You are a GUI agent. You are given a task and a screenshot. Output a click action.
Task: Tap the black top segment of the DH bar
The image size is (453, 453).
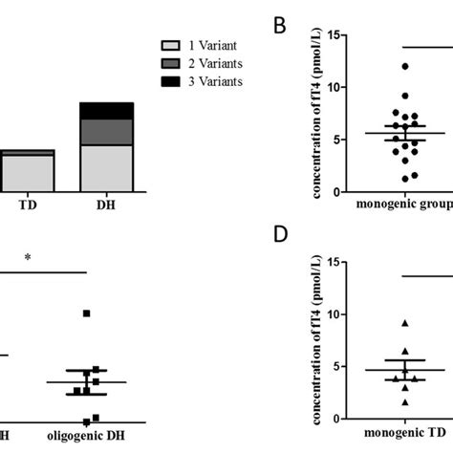coord(106,110)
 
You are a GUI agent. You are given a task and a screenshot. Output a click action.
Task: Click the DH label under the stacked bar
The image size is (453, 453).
coord(106,205)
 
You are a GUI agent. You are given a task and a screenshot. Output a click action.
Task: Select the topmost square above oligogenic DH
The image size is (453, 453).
coord(87,313)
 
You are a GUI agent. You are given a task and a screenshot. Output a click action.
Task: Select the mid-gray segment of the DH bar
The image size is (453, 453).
coord(106,132)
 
